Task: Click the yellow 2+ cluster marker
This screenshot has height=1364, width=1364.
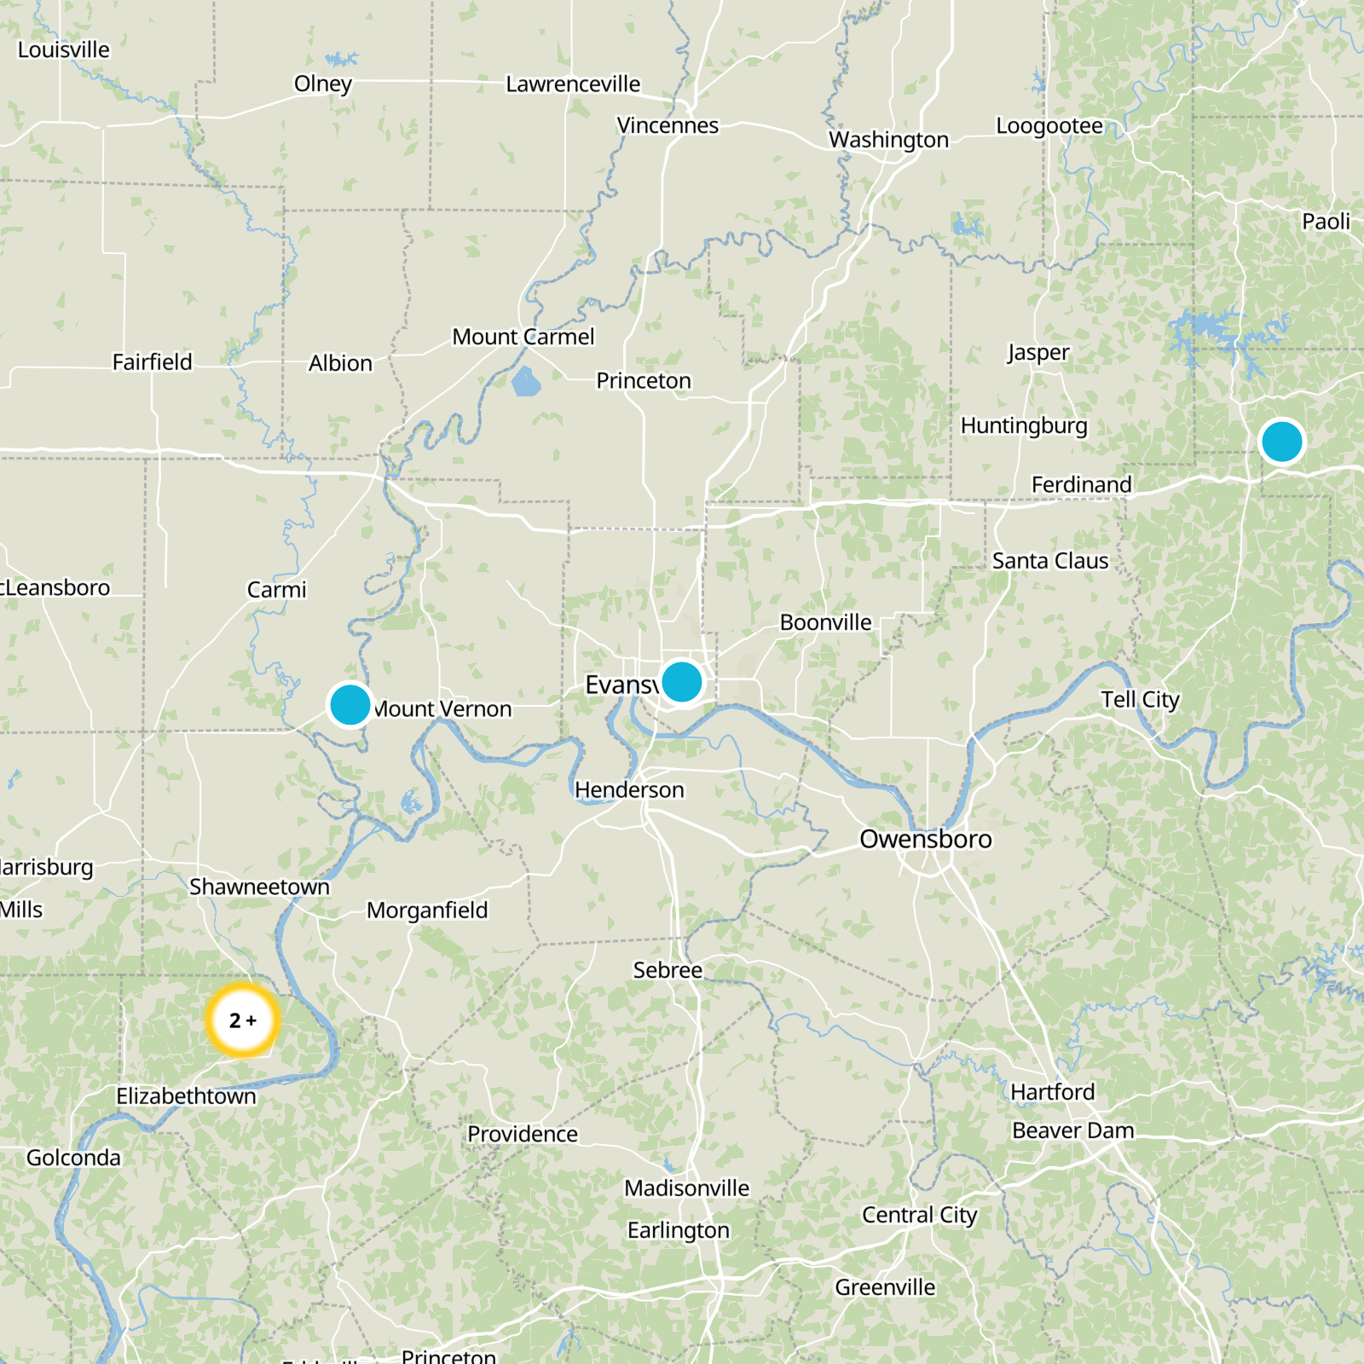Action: click(x=243, y=1020)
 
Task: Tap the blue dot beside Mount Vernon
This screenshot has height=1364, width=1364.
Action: click(x=350, y=705)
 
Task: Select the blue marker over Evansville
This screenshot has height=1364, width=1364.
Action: click(x=681, y=682)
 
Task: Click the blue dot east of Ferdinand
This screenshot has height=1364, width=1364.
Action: click(x=1281, y=442)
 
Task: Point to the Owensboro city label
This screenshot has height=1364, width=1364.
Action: click(x=925, y=839)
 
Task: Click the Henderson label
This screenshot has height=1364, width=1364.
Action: click(x=629, y=790)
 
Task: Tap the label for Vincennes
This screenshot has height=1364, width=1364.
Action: click(x=668, y=125)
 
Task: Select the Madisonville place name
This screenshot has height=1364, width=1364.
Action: click(x=686, y=1188)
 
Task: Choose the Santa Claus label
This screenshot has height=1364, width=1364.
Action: click(x=1050, y=561)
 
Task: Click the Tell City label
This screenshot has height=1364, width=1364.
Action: click(x=1140, y=700)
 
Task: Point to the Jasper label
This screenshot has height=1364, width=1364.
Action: click(x=1037, y=352)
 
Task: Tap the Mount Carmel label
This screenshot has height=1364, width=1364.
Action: click(x=523, y=337)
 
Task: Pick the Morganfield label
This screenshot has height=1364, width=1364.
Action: click(x=427, y=910)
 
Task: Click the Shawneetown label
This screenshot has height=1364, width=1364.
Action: click(x=259, y=887)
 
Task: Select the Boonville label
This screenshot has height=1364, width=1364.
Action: click(x=825, y=622)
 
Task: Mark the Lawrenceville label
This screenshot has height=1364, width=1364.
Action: click(x=573, y=84)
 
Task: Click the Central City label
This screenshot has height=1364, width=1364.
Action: click(x=919, y=1215)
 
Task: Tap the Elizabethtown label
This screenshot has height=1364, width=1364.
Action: click(x=186, y=1095)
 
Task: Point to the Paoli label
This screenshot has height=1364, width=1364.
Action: click(x=1326, y=222)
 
